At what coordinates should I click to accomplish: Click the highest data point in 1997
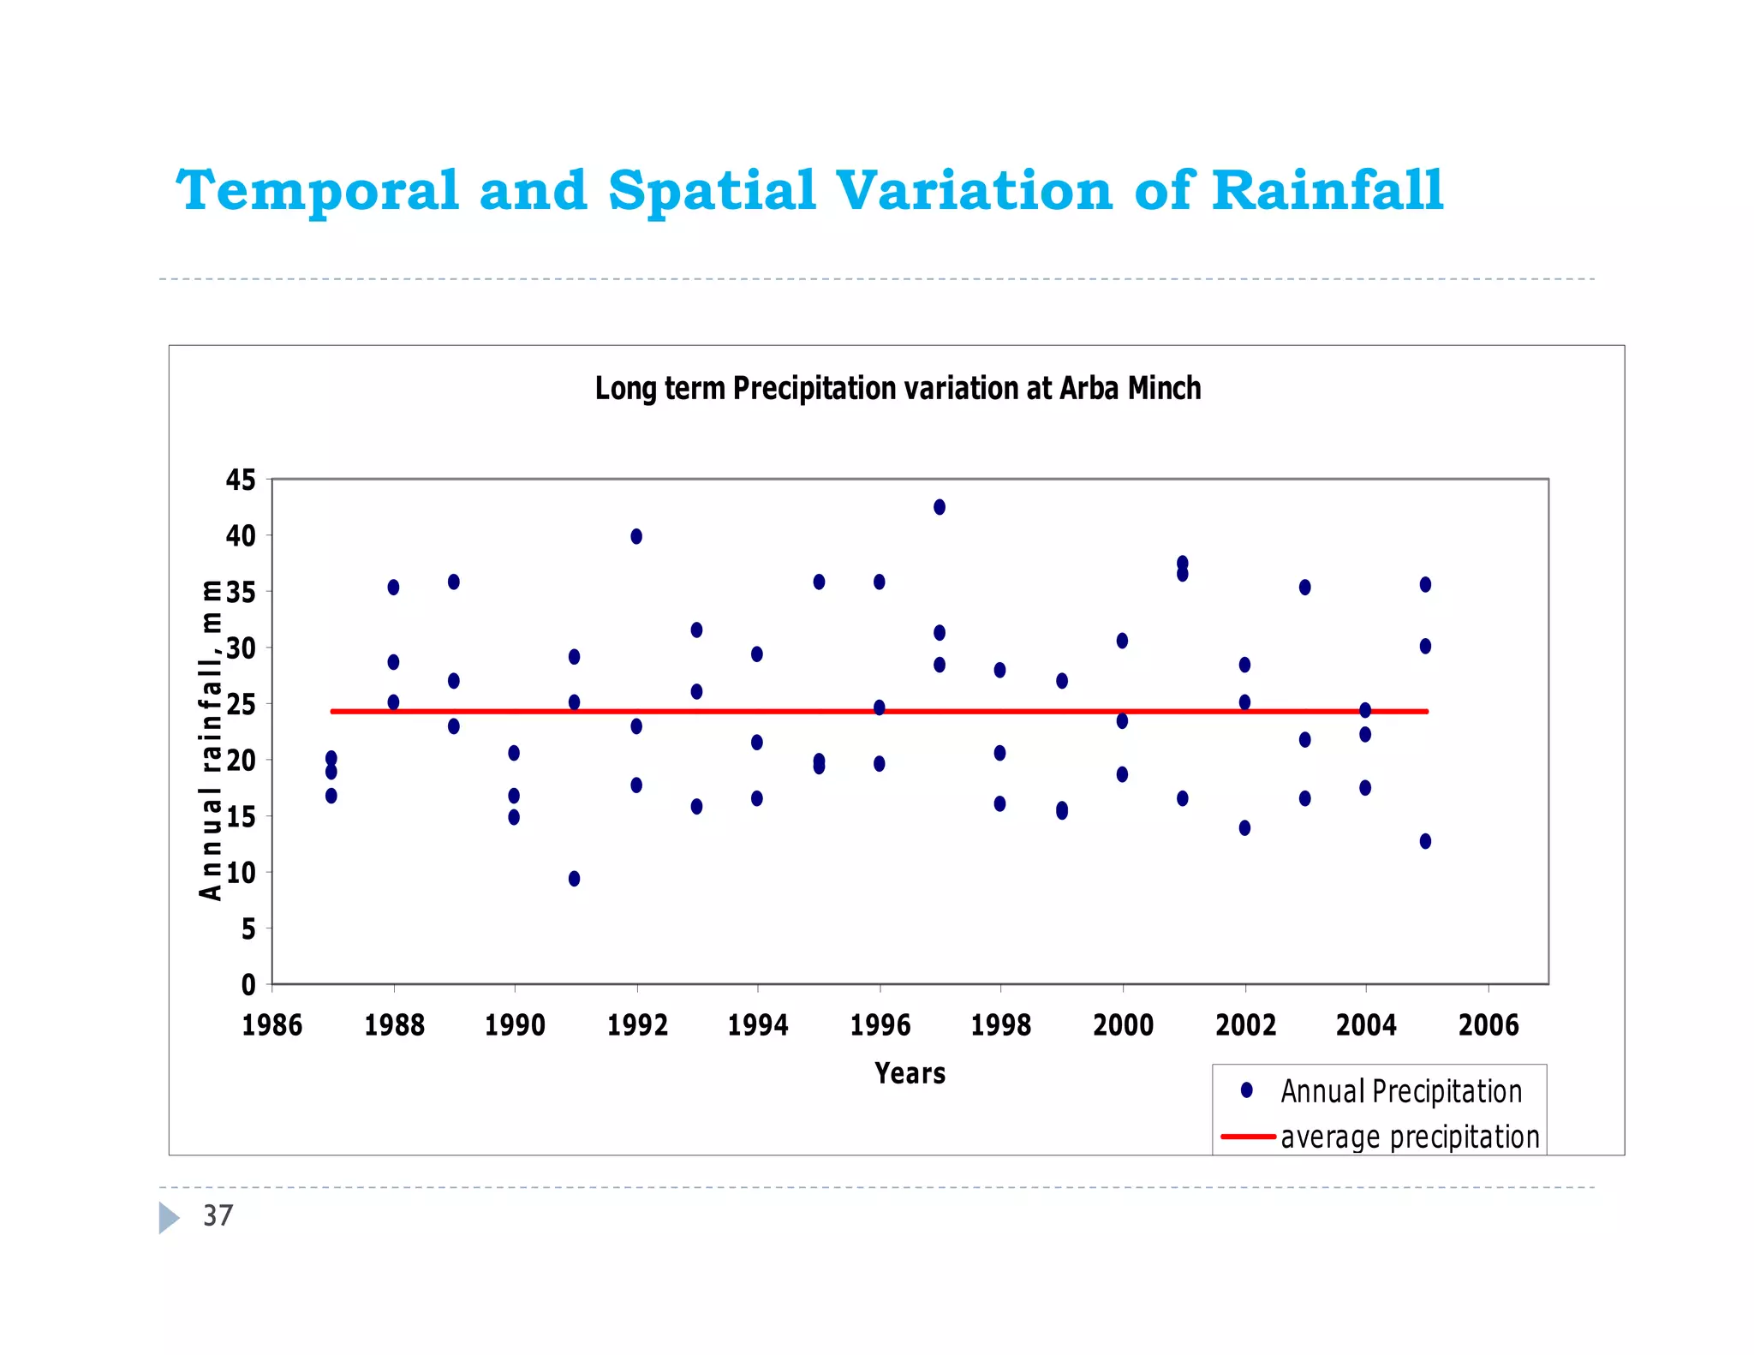tap(940, 507)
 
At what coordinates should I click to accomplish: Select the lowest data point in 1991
tap(574, 879)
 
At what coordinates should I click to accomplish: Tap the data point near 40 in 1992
tap(636, 536)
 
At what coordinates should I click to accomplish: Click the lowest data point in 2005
tap(1425, 841)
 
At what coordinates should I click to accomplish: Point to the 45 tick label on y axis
tap(241, 481)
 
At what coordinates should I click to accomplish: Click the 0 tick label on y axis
tap(248, 985)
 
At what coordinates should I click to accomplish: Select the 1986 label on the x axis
tap(272, 1025)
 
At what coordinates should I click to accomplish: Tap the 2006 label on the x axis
tap(1489, 1025)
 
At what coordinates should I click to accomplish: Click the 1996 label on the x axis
tap(880, 1025)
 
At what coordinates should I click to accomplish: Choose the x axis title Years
tap(910, 1073)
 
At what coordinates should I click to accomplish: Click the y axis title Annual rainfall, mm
tap(211, 740)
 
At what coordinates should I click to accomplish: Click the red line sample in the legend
tap(1248, 1137)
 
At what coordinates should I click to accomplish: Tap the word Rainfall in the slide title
tap(1327, 190)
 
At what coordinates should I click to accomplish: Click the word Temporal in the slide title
tap(318, 190)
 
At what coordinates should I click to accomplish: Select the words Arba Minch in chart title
tap(1130, 389)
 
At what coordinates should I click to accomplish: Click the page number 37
tap(218, 1215)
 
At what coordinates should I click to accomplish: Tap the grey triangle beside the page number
tap(169, 1217)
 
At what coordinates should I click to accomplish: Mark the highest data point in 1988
tap(393, 588)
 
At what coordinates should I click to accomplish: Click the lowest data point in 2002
tap(1244, 828)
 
